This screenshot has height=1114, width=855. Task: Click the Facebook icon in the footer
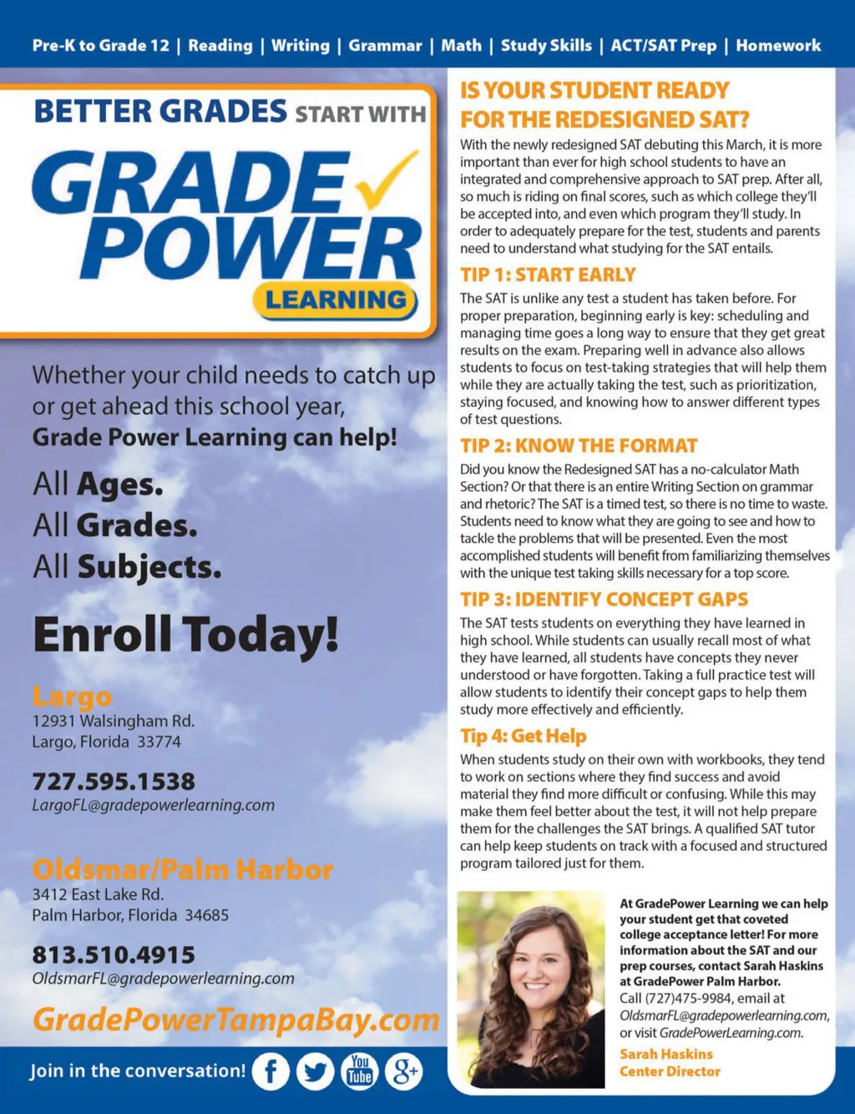click(x=271, y=1071)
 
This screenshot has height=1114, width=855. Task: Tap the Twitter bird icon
click(x=315, y=1071)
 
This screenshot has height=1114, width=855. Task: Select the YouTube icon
click(x=359, y=1071)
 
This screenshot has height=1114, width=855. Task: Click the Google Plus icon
click(x=403, y=1071)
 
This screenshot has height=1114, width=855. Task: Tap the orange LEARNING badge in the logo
click(x=336, y=300)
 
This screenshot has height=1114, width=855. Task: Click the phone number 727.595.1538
click(x=114, y=782)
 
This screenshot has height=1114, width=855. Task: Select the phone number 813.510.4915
click(x=114, y=954)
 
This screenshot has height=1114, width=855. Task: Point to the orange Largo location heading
click(x=72, y=696)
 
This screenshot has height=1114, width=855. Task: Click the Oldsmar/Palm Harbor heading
click(x=182, y=869)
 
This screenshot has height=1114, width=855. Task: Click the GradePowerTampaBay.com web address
click(x=235, y=1019)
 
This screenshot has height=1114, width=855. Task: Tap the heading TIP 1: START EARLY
click(x=548, y=275)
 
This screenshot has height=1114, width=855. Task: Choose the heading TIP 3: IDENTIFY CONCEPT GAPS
click(x=604, y=599)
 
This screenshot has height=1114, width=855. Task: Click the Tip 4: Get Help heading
click(x=524, y=736)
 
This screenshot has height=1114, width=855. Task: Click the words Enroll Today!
click(x=185, y=634)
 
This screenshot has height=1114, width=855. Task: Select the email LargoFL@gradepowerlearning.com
click(x=153, y=805)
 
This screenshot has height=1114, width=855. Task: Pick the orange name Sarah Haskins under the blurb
click(x=666, y=1054)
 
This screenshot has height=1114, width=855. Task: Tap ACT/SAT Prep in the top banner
click(x=663, y=46)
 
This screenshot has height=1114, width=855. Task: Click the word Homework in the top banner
click(x=778, y=46)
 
